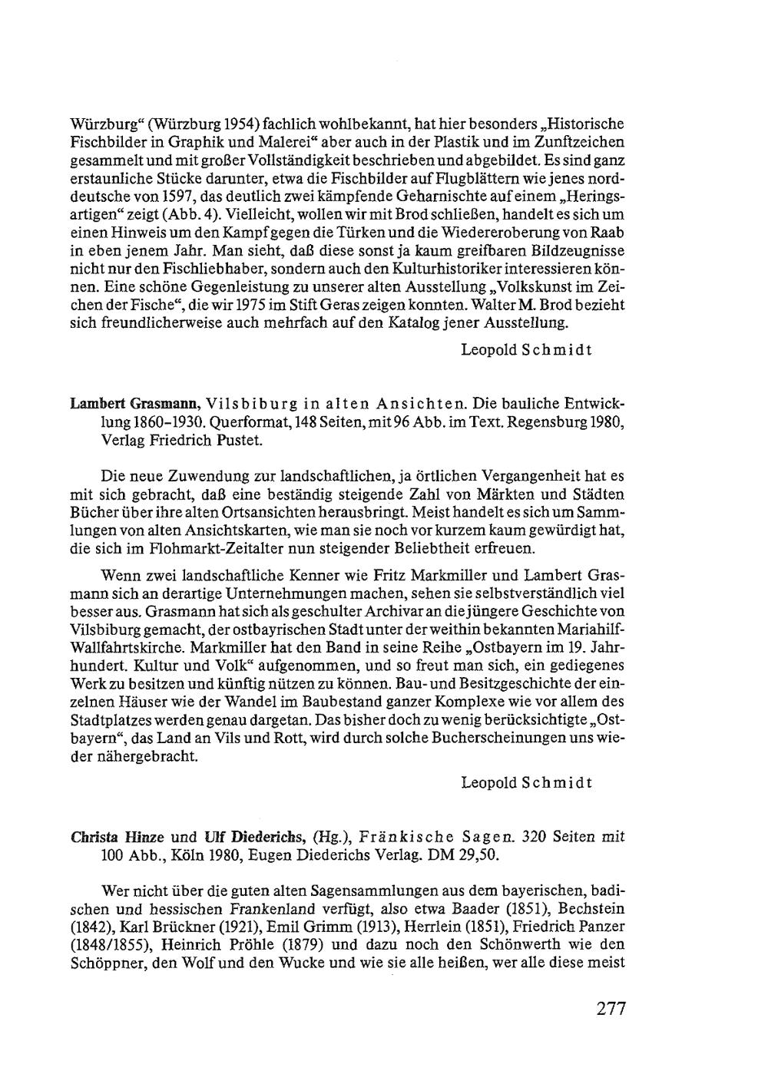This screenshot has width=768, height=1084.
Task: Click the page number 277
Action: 611,1008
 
